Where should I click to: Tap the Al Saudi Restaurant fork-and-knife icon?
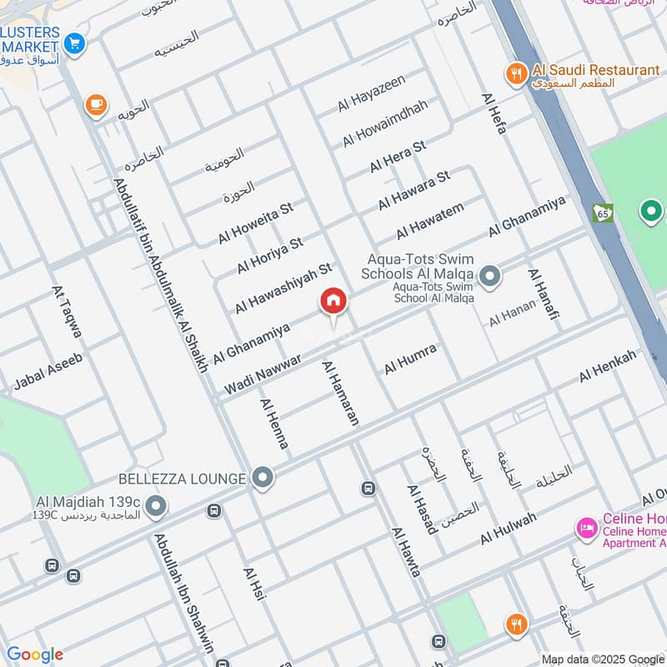517,73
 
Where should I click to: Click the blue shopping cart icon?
74,42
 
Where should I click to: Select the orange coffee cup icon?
96,104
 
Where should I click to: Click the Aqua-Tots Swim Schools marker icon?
490,274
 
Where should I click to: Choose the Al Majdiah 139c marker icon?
156,506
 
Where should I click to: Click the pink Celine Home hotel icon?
586,528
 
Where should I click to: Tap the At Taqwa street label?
68,312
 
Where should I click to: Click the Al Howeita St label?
255,222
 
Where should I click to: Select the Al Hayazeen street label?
372,93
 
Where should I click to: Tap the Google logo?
35,654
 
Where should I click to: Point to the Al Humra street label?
410,357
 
